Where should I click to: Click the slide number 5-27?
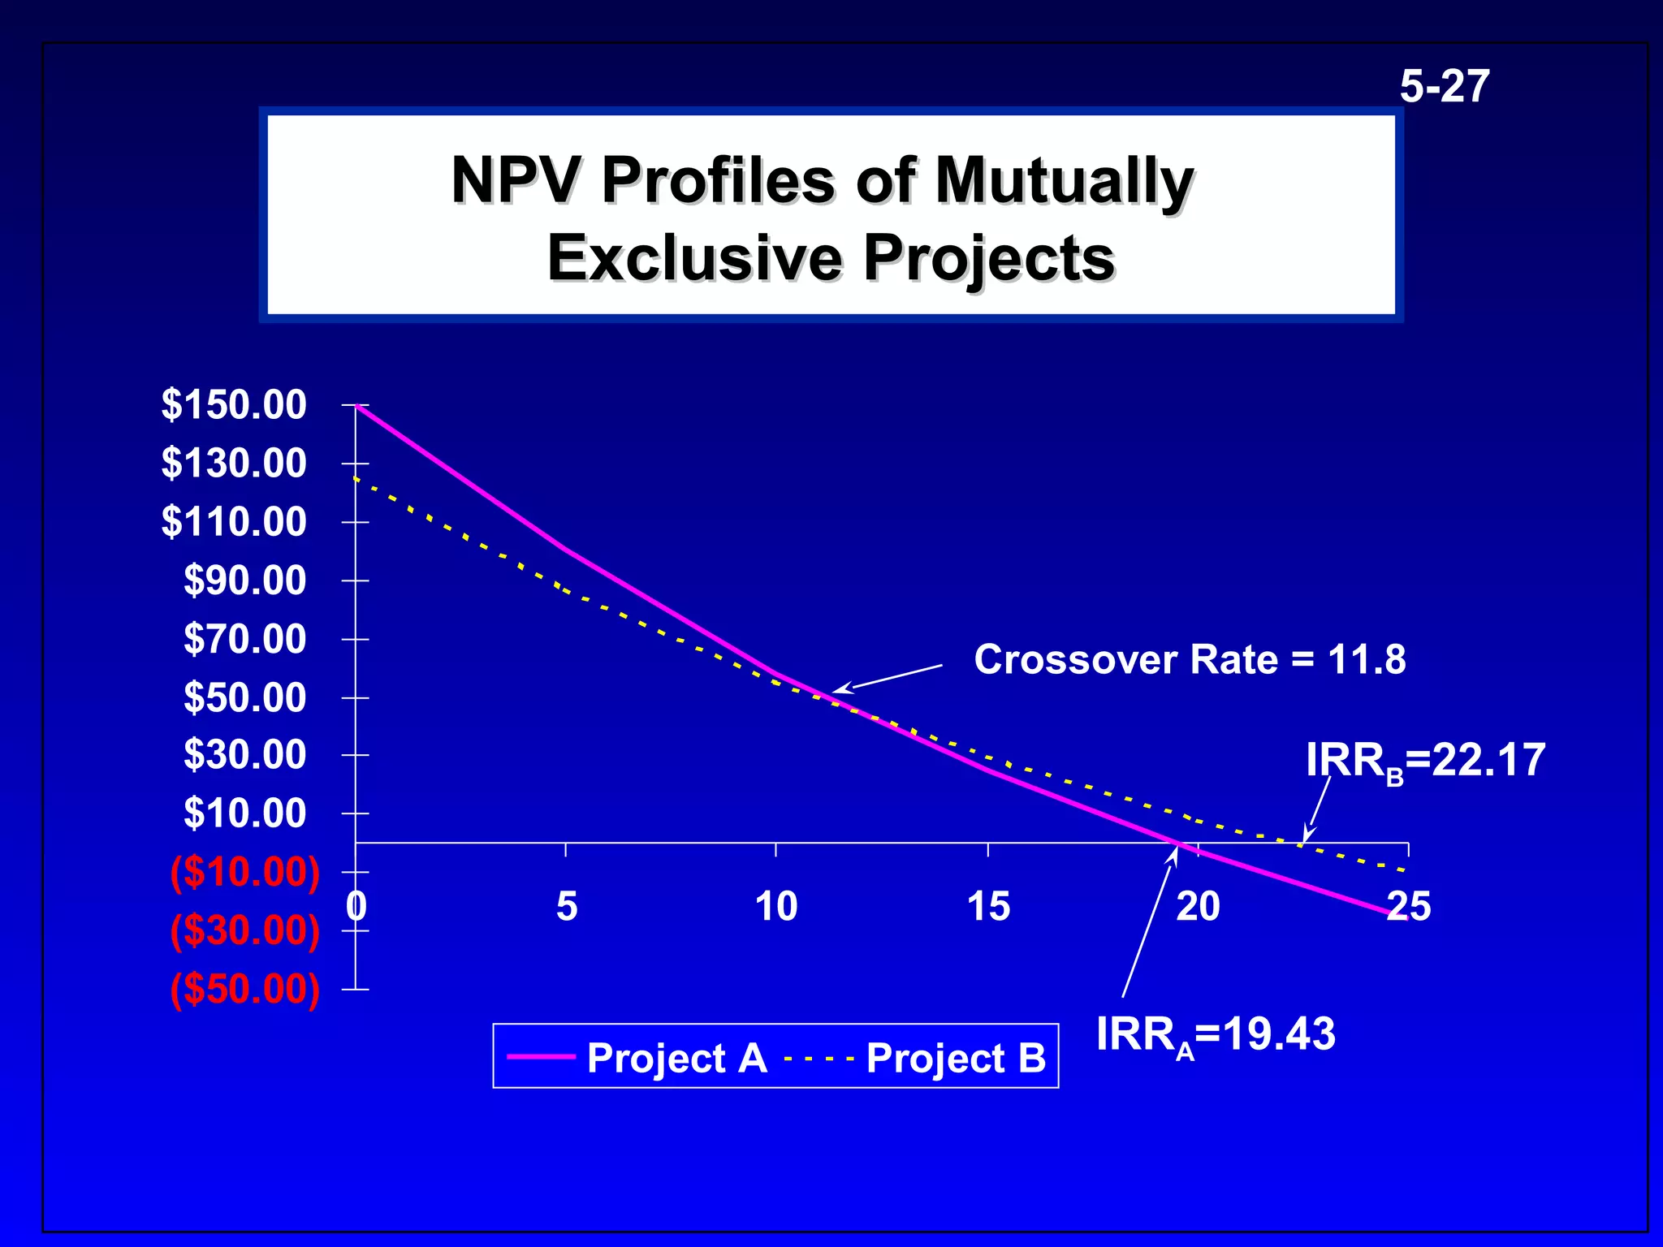pos(1445,87)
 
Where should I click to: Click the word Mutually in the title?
pos(1064,180)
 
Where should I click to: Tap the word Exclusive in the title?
pos(695,258)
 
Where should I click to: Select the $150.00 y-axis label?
pos(234,404)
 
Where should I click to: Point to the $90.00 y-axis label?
pos(244,580)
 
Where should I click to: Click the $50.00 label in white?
pos(244,697)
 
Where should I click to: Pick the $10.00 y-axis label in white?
pos(244,813)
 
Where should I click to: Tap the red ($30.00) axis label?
pos(244,930)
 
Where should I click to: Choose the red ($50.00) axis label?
pos(244,990)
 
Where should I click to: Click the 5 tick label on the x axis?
pos(567,906)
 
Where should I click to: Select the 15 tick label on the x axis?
pos(988,906)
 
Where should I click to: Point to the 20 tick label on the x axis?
pos(1198,906)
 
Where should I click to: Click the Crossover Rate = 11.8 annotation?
pos(1190,659)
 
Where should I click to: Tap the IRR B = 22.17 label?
pos(1425,762)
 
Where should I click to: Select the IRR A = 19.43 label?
pos(1216,1035)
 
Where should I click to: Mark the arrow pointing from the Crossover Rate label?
pos(889,679)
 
